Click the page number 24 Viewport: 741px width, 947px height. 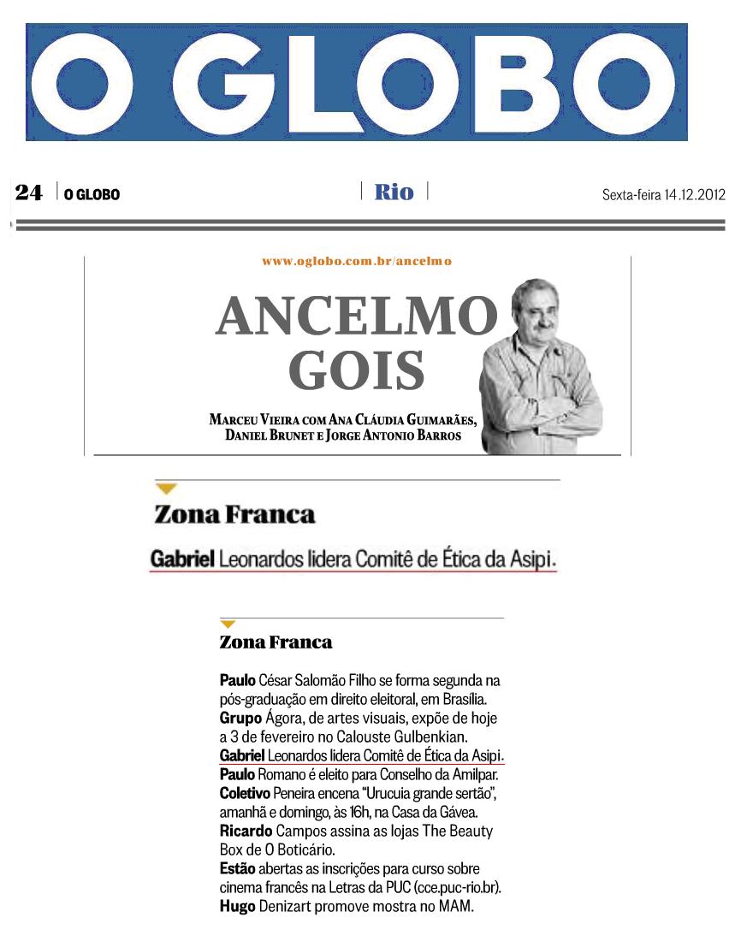(x=28, y=193)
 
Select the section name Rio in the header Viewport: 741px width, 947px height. (x=394, y=192)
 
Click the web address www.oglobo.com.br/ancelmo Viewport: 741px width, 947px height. (x=357, y=260)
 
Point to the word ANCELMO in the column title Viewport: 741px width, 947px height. (x=356, y=317)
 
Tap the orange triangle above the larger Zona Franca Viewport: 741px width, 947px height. (x=166, y=488)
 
